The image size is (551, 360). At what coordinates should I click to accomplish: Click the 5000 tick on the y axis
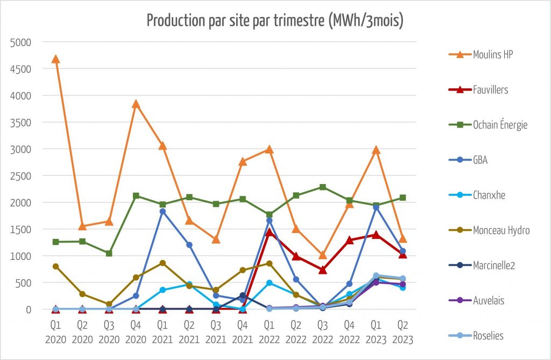22,42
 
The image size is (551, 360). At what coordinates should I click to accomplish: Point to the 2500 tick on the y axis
22,176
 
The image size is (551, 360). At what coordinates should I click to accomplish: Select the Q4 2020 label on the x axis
136,333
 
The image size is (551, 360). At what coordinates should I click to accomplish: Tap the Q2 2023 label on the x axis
402,333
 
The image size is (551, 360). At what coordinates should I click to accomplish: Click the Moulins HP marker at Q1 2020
55,59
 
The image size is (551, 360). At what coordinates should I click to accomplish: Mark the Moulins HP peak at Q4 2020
136,104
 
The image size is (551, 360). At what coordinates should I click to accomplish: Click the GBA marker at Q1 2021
163,211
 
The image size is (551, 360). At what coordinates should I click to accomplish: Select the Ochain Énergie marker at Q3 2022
322,187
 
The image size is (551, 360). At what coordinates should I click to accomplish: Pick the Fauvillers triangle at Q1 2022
269,232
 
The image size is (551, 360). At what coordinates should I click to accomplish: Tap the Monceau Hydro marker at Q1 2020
55,266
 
